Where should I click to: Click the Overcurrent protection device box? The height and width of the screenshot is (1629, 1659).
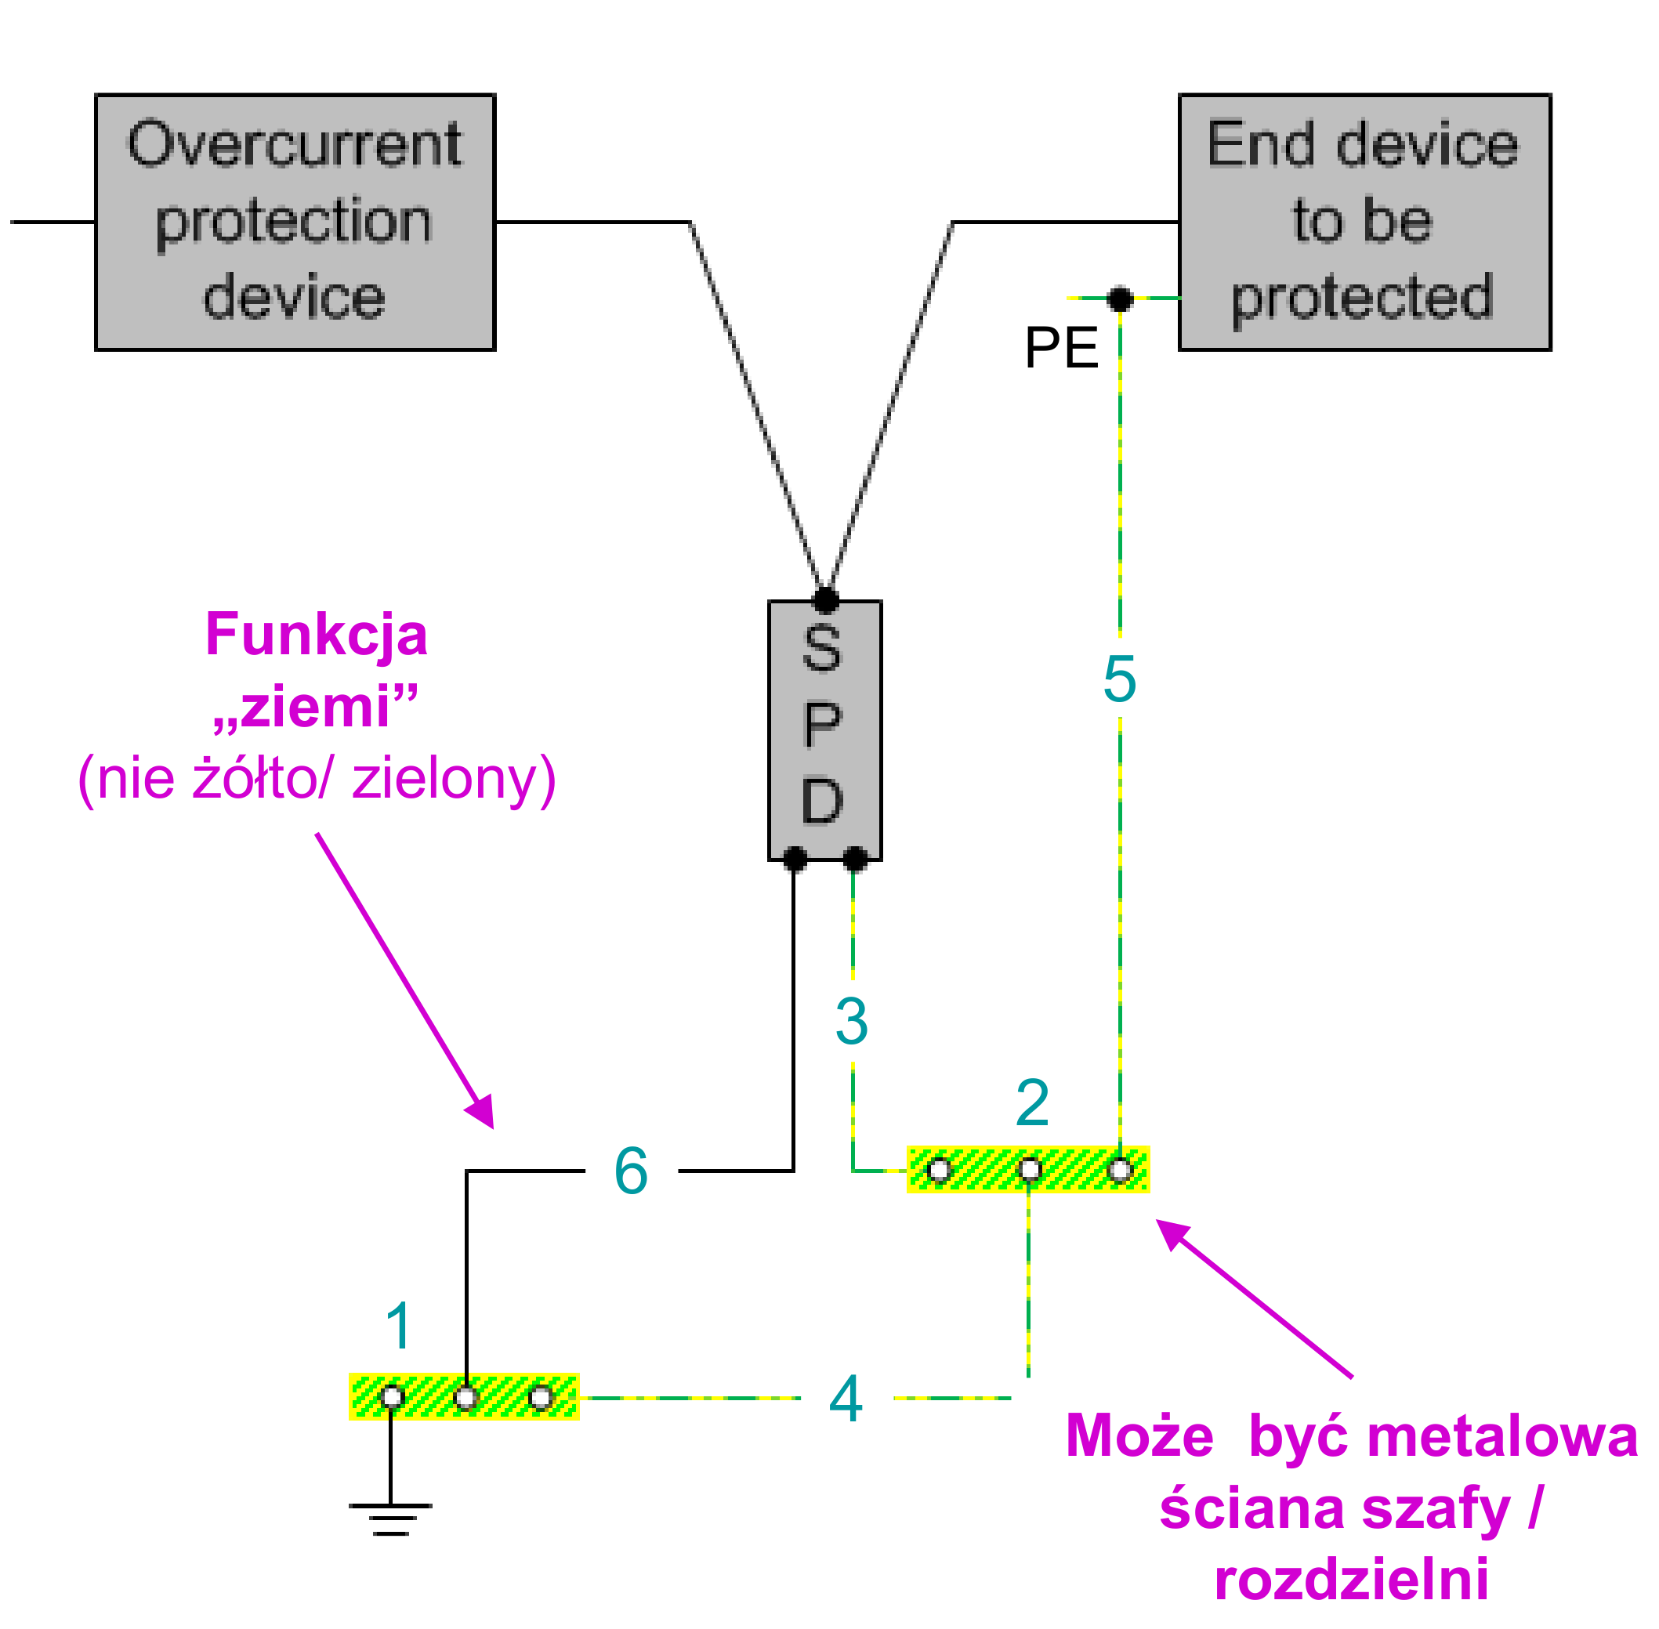[295, 223]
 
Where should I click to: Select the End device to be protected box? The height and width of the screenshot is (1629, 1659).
[1364, 223]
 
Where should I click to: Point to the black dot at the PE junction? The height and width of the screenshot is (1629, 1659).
[1119, 299]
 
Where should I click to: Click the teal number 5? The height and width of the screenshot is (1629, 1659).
[1119, 679]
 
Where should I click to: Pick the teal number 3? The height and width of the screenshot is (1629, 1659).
[851, 1022]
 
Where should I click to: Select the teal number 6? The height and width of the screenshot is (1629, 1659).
[631, 1171]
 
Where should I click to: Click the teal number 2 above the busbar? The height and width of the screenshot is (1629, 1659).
[1032, 1104]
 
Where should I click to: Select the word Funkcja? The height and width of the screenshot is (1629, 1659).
[316, 635]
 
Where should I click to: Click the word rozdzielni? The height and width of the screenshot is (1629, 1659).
[1351, 1579]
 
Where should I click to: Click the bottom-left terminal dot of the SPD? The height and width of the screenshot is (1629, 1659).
[795, 858]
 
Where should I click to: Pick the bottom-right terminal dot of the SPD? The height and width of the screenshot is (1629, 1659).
[855, 858]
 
